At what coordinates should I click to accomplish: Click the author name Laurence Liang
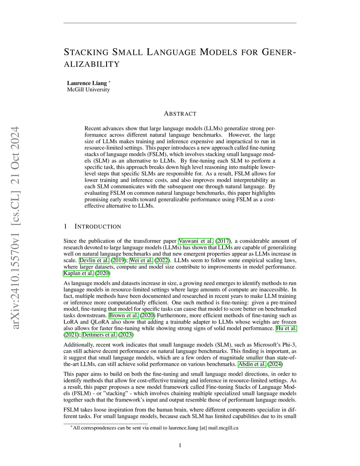click(x=87, y=83)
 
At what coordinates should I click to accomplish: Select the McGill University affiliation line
click(x=88, y=90)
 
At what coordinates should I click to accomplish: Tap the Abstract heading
click(x=180, y=114)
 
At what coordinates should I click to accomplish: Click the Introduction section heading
click(x=98, y=226)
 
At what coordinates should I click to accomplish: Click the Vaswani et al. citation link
click(x=196, y=241)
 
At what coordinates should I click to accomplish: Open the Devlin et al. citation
click(x=94, y=260)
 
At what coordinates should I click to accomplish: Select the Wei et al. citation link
click(x=141, y=260)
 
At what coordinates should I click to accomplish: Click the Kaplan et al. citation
click(x=78, y=273)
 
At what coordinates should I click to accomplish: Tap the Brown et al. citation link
click(x=123, y=315)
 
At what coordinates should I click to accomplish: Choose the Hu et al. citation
click(x=286, y=328)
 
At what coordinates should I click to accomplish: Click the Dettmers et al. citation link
click(x=99, y=334)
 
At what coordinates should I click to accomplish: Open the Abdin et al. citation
click(x=252, y=364)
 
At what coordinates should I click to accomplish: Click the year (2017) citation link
click(x=223, y=241)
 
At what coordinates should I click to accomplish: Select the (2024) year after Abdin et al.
click(x=275, y=364)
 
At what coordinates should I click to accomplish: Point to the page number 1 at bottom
click(x=180, y=445)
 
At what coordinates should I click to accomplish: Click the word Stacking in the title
click(x=86, y=52)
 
